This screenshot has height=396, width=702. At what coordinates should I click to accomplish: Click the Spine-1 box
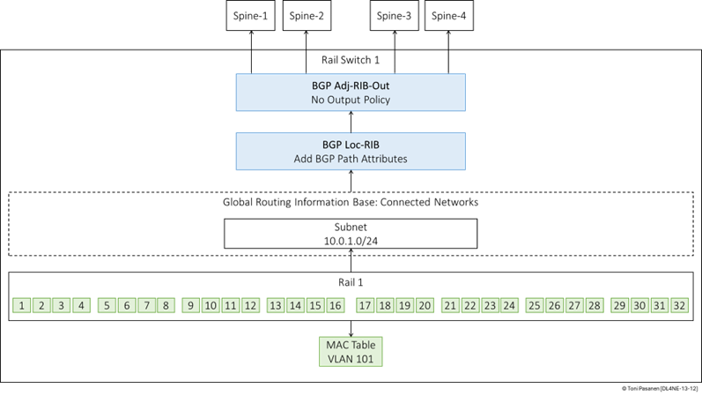tap(250, 16)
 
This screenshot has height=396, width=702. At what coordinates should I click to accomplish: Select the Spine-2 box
tap(307, 16)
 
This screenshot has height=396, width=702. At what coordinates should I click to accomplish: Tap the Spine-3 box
tap(394, 16)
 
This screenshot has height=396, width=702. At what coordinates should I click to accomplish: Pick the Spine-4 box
tap(448, 16)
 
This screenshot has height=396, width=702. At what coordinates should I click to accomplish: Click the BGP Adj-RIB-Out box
tap(351, 93)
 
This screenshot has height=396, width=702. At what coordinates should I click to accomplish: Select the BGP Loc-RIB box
tap(351, 151)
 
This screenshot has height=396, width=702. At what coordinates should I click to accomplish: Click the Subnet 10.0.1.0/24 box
tap(351, 234)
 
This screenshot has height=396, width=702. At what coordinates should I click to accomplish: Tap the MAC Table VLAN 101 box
tap(351, 352)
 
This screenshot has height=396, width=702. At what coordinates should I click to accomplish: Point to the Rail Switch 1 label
tap(351, 60)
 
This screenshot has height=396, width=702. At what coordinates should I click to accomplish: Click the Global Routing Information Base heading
tap(351, 202)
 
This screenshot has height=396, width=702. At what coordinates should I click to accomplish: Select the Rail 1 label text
tap(351, 282)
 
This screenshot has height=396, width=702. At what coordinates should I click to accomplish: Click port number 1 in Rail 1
tap(21, 305)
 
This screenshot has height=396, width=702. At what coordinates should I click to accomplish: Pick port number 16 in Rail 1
tap(336, 305)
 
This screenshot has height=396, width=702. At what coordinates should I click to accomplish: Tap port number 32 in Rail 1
tap(679, 305)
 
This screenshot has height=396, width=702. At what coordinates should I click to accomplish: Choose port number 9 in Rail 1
tap(191, 305)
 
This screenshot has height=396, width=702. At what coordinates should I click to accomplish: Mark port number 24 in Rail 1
tap(509, 305)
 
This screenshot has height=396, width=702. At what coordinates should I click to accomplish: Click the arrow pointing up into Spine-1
tap(251, 52)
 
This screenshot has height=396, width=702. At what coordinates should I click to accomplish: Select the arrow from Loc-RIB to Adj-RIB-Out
tap(351, 122)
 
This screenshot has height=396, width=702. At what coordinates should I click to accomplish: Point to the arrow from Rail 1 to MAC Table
tap(351, 329)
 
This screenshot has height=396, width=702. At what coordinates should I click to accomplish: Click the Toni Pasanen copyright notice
tap(660, 388)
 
